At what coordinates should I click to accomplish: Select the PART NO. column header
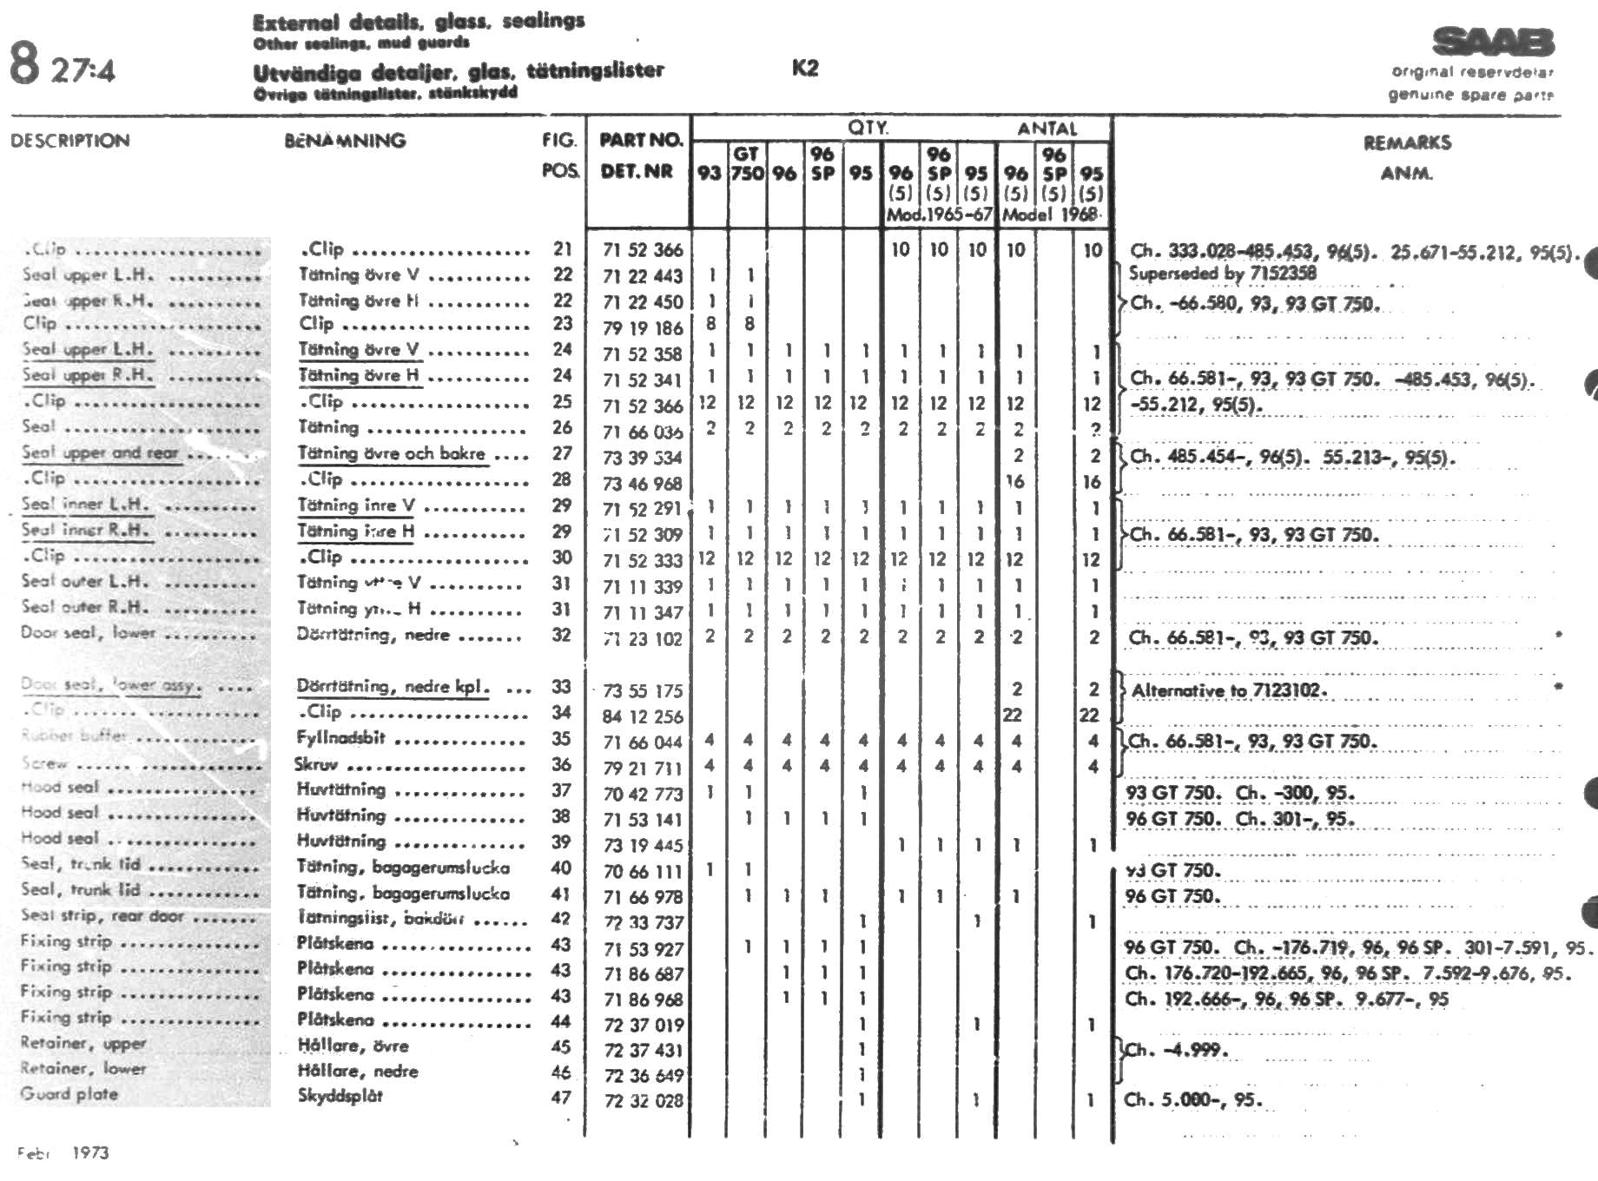641,140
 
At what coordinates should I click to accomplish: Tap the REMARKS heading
1407,143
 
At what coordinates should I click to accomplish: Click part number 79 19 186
643,328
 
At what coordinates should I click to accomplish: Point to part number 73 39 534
643,458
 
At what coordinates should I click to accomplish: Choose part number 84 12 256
643,716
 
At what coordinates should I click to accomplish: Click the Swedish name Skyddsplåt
340,1096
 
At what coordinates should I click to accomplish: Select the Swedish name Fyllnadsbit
340,739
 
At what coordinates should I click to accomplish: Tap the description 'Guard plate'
69,1094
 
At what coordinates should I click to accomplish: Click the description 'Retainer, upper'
83,1043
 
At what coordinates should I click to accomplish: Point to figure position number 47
561,1097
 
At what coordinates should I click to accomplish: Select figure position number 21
563,249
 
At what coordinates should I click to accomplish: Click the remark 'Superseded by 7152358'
1222,274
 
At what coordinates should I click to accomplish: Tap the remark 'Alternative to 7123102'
1229,691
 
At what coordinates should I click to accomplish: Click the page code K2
805,69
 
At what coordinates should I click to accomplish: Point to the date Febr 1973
63,1153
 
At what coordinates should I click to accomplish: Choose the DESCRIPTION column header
70,141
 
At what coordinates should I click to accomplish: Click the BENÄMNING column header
345,141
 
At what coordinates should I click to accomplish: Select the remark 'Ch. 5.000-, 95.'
1192,1100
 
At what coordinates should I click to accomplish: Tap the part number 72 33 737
643,922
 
